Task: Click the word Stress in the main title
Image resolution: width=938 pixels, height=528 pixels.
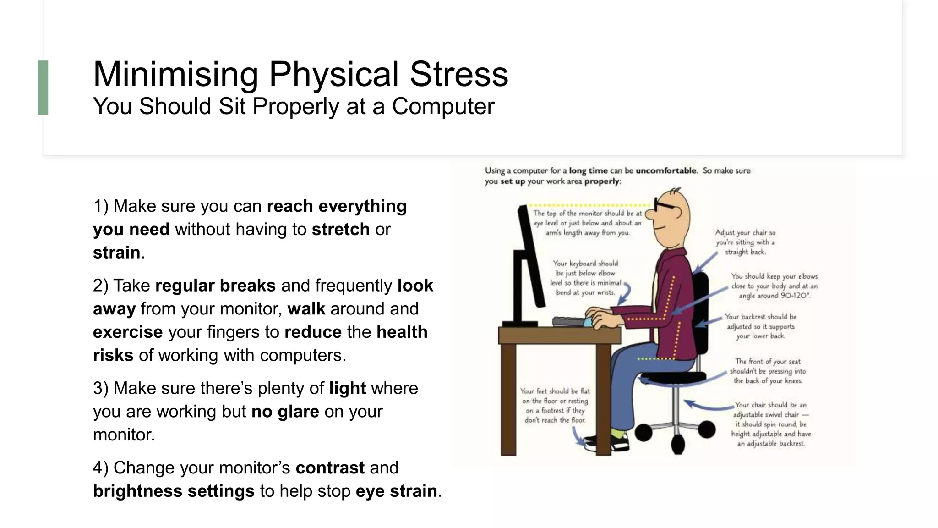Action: [x=458, y=74]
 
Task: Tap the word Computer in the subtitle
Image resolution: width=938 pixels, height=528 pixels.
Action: [x=443, y=106]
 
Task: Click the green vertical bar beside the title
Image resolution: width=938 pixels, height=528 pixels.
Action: [x=43, y=88]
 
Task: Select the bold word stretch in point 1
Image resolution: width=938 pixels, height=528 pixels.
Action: [x=340, y=229]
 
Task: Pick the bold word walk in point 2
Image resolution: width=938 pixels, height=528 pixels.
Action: [x=306, y=308]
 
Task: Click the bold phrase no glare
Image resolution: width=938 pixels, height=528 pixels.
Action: [x=285, y=411]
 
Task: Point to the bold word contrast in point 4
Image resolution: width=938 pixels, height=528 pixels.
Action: [x=330, y=467]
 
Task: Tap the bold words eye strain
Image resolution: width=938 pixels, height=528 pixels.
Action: [x=396, y=491]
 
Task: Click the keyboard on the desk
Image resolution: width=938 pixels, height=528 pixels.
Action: [x=569, y=321]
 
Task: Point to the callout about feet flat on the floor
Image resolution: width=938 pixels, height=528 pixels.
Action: [x=555, y=406]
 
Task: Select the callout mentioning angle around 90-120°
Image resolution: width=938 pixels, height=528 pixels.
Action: [x=774, y=286]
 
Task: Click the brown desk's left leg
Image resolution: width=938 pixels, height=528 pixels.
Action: [x=508, y=399]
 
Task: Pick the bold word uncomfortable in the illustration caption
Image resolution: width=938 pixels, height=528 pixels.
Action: [x=666, y=170]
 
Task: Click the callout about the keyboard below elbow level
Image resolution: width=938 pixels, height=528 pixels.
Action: [x=585, y=278]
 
